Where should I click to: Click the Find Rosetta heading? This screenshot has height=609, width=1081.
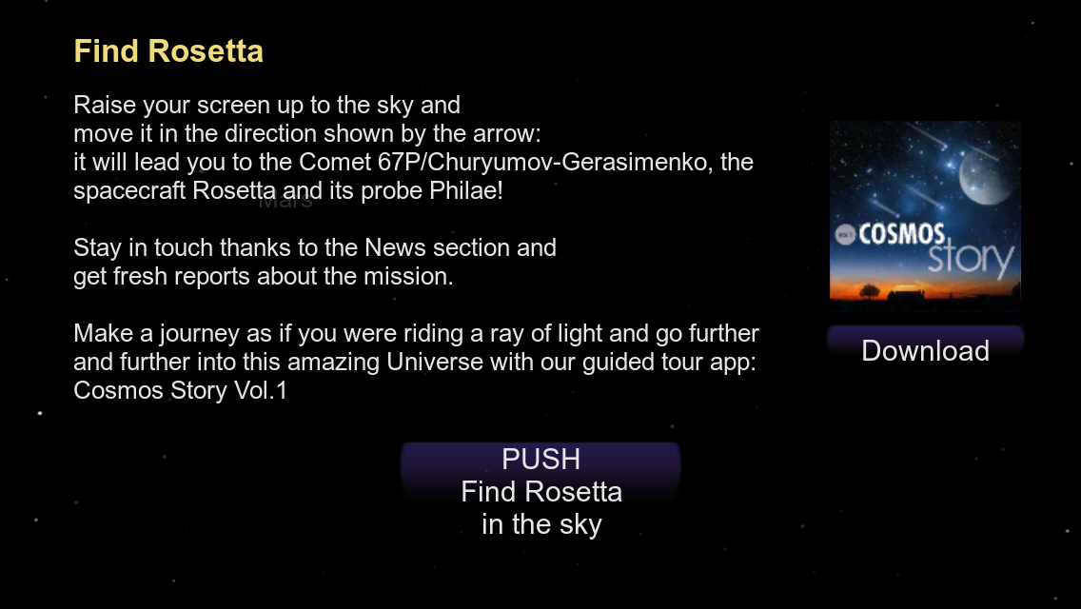click(x=168, y=51)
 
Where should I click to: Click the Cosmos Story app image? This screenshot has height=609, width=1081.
click(x=925, y=211)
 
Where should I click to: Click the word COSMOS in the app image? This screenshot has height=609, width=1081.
click(x=901, y=234)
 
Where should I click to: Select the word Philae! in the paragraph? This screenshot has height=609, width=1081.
click(x=466, y=190)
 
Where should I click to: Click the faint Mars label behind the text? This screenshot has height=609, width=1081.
click(x=285, y=202)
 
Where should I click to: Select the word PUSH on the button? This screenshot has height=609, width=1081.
click(x=541, y=460)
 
